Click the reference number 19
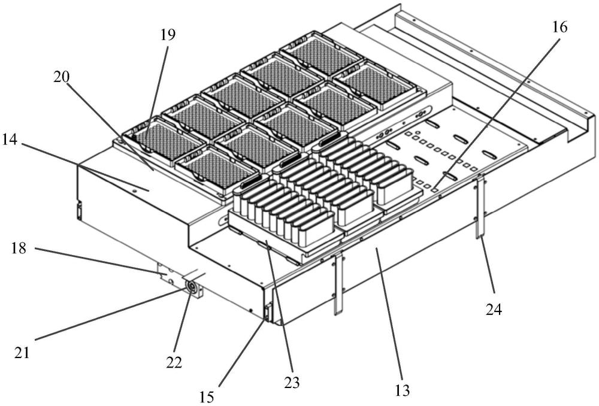coord(168,35)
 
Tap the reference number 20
coord(62,77)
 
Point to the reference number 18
coord(18,249)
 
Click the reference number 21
coord(22,352)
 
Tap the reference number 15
coord(207,397)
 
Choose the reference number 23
coord(292,382)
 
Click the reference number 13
coord(403,390)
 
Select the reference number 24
coord(494,309)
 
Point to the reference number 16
coord(559,27)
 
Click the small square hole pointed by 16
coord(435,187)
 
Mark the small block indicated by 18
coord(167,274)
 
